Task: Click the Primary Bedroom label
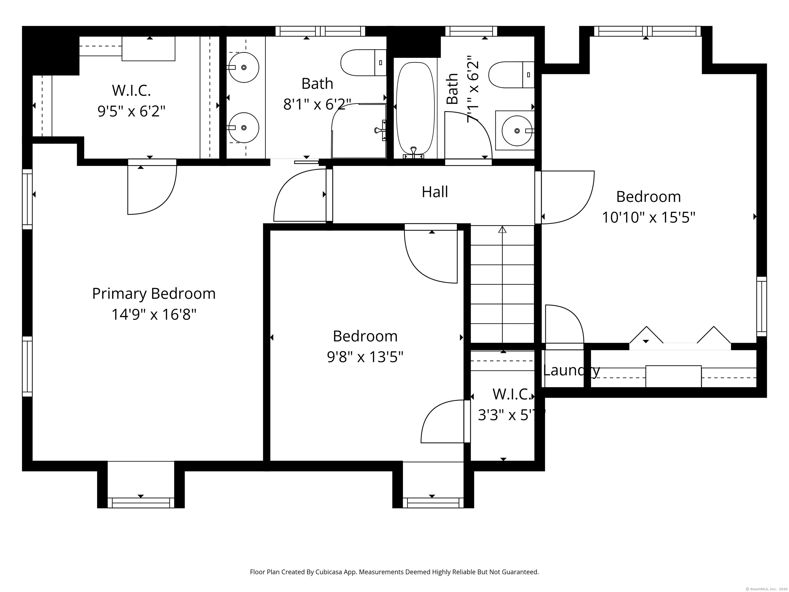pos(154,294)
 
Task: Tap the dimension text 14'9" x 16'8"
pos(154,315)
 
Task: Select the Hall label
pos(435,192)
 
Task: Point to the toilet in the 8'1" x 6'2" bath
pos(363,63)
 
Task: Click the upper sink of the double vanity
pos(244,67)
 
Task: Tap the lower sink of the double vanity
pos(244,128)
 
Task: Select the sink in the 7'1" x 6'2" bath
pos(516,131)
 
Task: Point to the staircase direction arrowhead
pos(502,229)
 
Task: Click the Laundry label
pos(571,371)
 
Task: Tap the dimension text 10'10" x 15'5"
pos(649,217)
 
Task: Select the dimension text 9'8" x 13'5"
pos(365,356)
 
